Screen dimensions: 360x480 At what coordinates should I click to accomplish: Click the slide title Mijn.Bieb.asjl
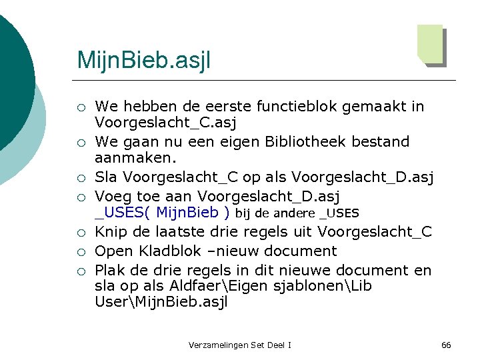143,61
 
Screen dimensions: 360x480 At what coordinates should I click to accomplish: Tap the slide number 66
446,345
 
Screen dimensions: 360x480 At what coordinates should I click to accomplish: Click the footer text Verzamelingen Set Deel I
239,345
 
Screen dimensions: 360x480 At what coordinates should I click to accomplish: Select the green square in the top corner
430,43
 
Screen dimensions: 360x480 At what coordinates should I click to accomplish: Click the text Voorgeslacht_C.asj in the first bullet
166,123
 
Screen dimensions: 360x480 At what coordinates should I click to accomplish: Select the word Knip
110,231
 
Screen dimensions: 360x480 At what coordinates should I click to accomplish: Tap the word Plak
110,270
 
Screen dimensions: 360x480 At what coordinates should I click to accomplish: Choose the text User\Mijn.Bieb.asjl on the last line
161,302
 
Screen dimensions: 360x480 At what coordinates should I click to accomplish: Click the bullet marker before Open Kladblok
80,252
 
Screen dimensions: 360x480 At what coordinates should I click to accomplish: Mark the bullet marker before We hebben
80,107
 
